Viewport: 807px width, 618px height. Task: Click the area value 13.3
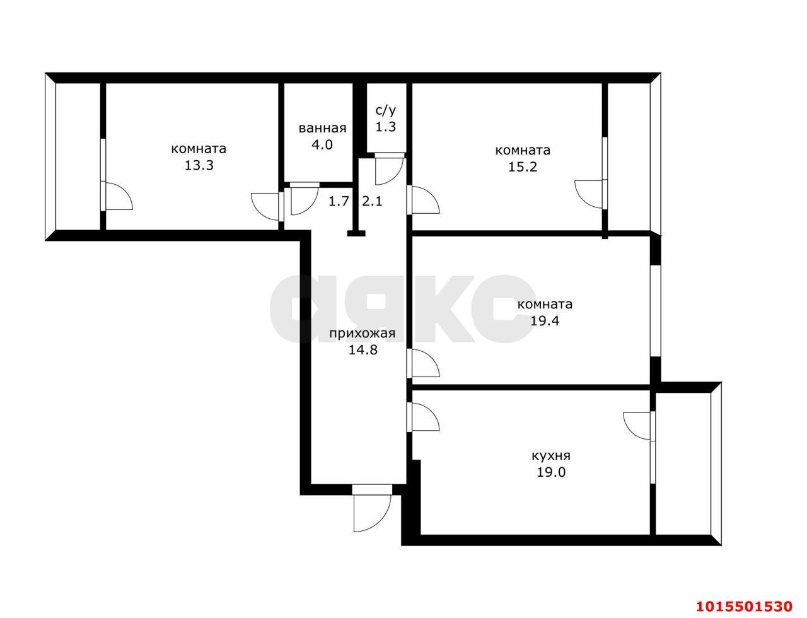point(199,165)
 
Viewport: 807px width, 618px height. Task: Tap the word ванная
point(322,128)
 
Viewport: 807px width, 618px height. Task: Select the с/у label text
point(386,110)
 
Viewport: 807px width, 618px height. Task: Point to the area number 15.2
point(523,166)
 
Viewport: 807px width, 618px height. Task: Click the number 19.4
point(545,320)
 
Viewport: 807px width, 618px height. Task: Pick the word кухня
point(551,456)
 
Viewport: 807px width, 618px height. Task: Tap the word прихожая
point(362,334)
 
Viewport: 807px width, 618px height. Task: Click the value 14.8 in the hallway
point(363,350)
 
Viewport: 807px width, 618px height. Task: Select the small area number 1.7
point(339,201)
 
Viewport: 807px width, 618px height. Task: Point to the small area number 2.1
point(372,201)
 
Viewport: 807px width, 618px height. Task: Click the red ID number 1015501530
point(744,607)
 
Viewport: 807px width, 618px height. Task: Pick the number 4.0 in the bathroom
point(322,144)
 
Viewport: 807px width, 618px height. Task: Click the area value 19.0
point(551,472)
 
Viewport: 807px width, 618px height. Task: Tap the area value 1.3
point(386,127)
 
